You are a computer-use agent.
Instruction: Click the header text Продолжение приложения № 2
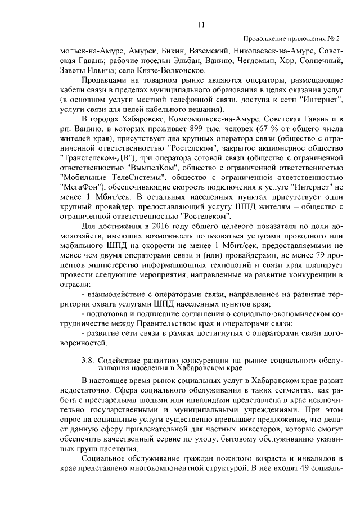click(x=291, y=38)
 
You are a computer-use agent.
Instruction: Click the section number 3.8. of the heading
click(x=88, y=359)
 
